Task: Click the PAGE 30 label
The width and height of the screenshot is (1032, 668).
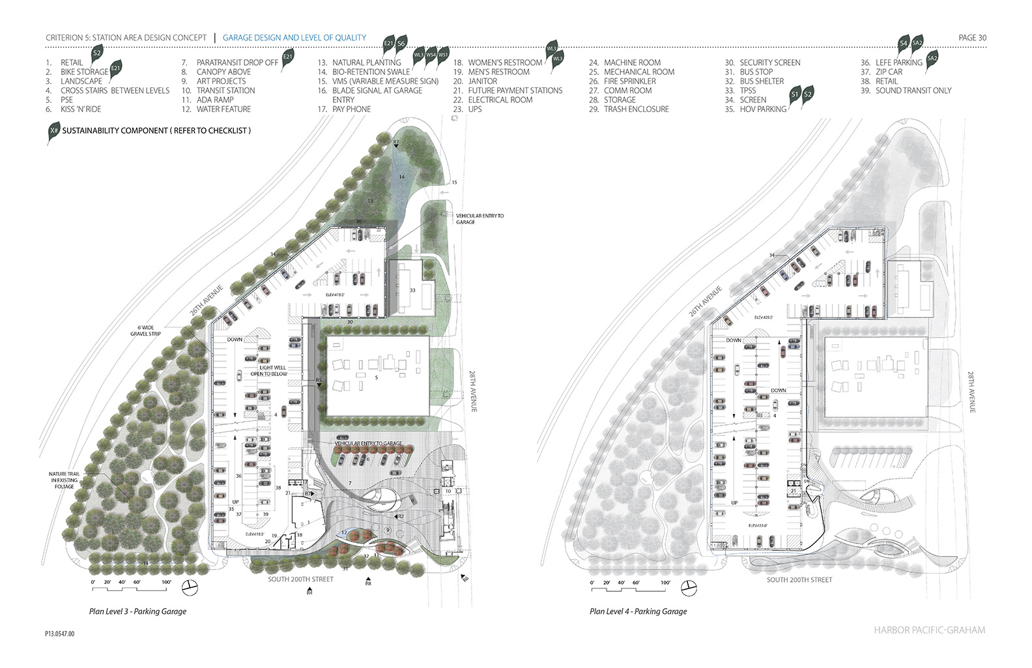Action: [x=972, y=38]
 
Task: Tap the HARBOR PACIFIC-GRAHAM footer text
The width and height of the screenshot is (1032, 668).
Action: [x=930, y=630]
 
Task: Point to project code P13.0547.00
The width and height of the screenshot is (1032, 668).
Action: [x=60, y=633]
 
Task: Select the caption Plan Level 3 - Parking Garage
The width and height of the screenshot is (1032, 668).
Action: [x=137, y=611]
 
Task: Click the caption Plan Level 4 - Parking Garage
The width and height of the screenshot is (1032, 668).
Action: [x=638, y=611]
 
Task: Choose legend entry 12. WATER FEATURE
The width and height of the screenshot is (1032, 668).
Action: [x=216, y=109]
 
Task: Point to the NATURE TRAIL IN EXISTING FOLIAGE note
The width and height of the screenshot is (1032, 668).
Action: [x=64, y=480]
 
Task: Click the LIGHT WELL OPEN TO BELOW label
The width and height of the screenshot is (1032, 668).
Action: [x=269, y=371]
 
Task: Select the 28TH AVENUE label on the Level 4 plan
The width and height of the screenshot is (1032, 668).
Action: [x=971, y=392]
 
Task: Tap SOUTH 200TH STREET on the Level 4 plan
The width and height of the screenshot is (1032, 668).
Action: [x=799, y=579]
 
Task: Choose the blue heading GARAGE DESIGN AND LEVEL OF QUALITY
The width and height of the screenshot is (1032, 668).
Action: [x=294, y=38]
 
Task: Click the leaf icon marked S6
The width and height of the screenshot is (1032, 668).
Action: [x=401, y=44]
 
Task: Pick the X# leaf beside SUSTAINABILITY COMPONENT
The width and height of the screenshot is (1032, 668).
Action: [x=53, y=132]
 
